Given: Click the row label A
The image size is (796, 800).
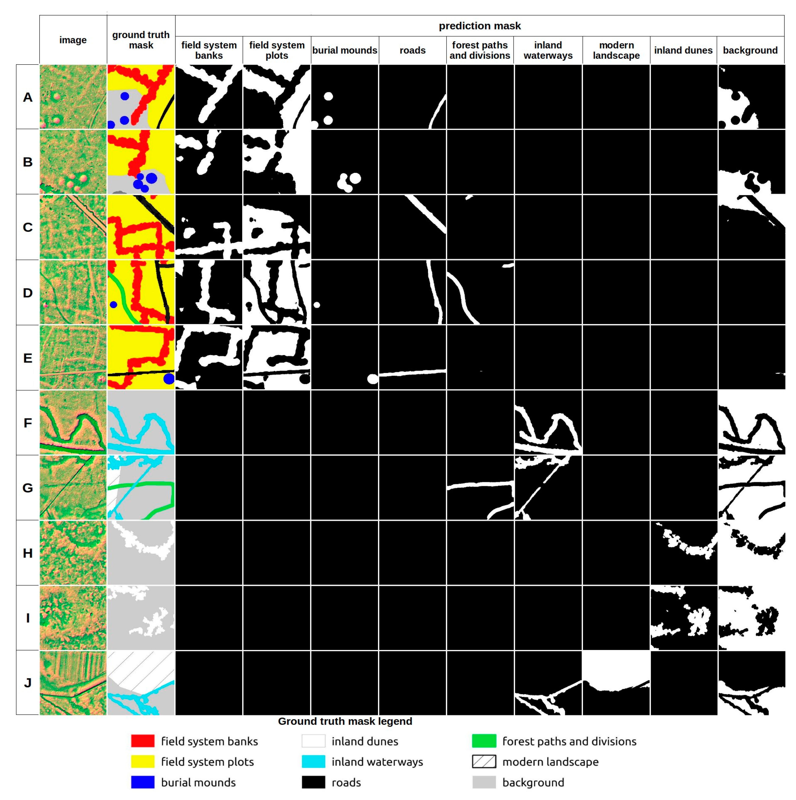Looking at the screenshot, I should pos(27,97).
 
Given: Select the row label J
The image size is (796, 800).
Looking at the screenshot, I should pos(27,682).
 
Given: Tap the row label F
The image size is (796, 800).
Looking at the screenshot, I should pos(27,423).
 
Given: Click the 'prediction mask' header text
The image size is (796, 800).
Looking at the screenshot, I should pos(479,26).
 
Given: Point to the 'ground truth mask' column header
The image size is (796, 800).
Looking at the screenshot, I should pos(141,40).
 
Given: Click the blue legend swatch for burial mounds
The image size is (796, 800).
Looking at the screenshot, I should pos(143,782).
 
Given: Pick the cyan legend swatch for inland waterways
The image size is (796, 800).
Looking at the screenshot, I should pos(313,761).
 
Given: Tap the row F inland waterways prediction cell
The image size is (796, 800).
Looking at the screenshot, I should pos(548,423).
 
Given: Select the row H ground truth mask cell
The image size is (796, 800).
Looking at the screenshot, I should pos(141,553).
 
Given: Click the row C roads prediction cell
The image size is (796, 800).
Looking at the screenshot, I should pos(412,227).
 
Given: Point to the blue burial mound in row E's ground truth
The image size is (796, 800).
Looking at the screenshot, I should pos(169,379).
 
